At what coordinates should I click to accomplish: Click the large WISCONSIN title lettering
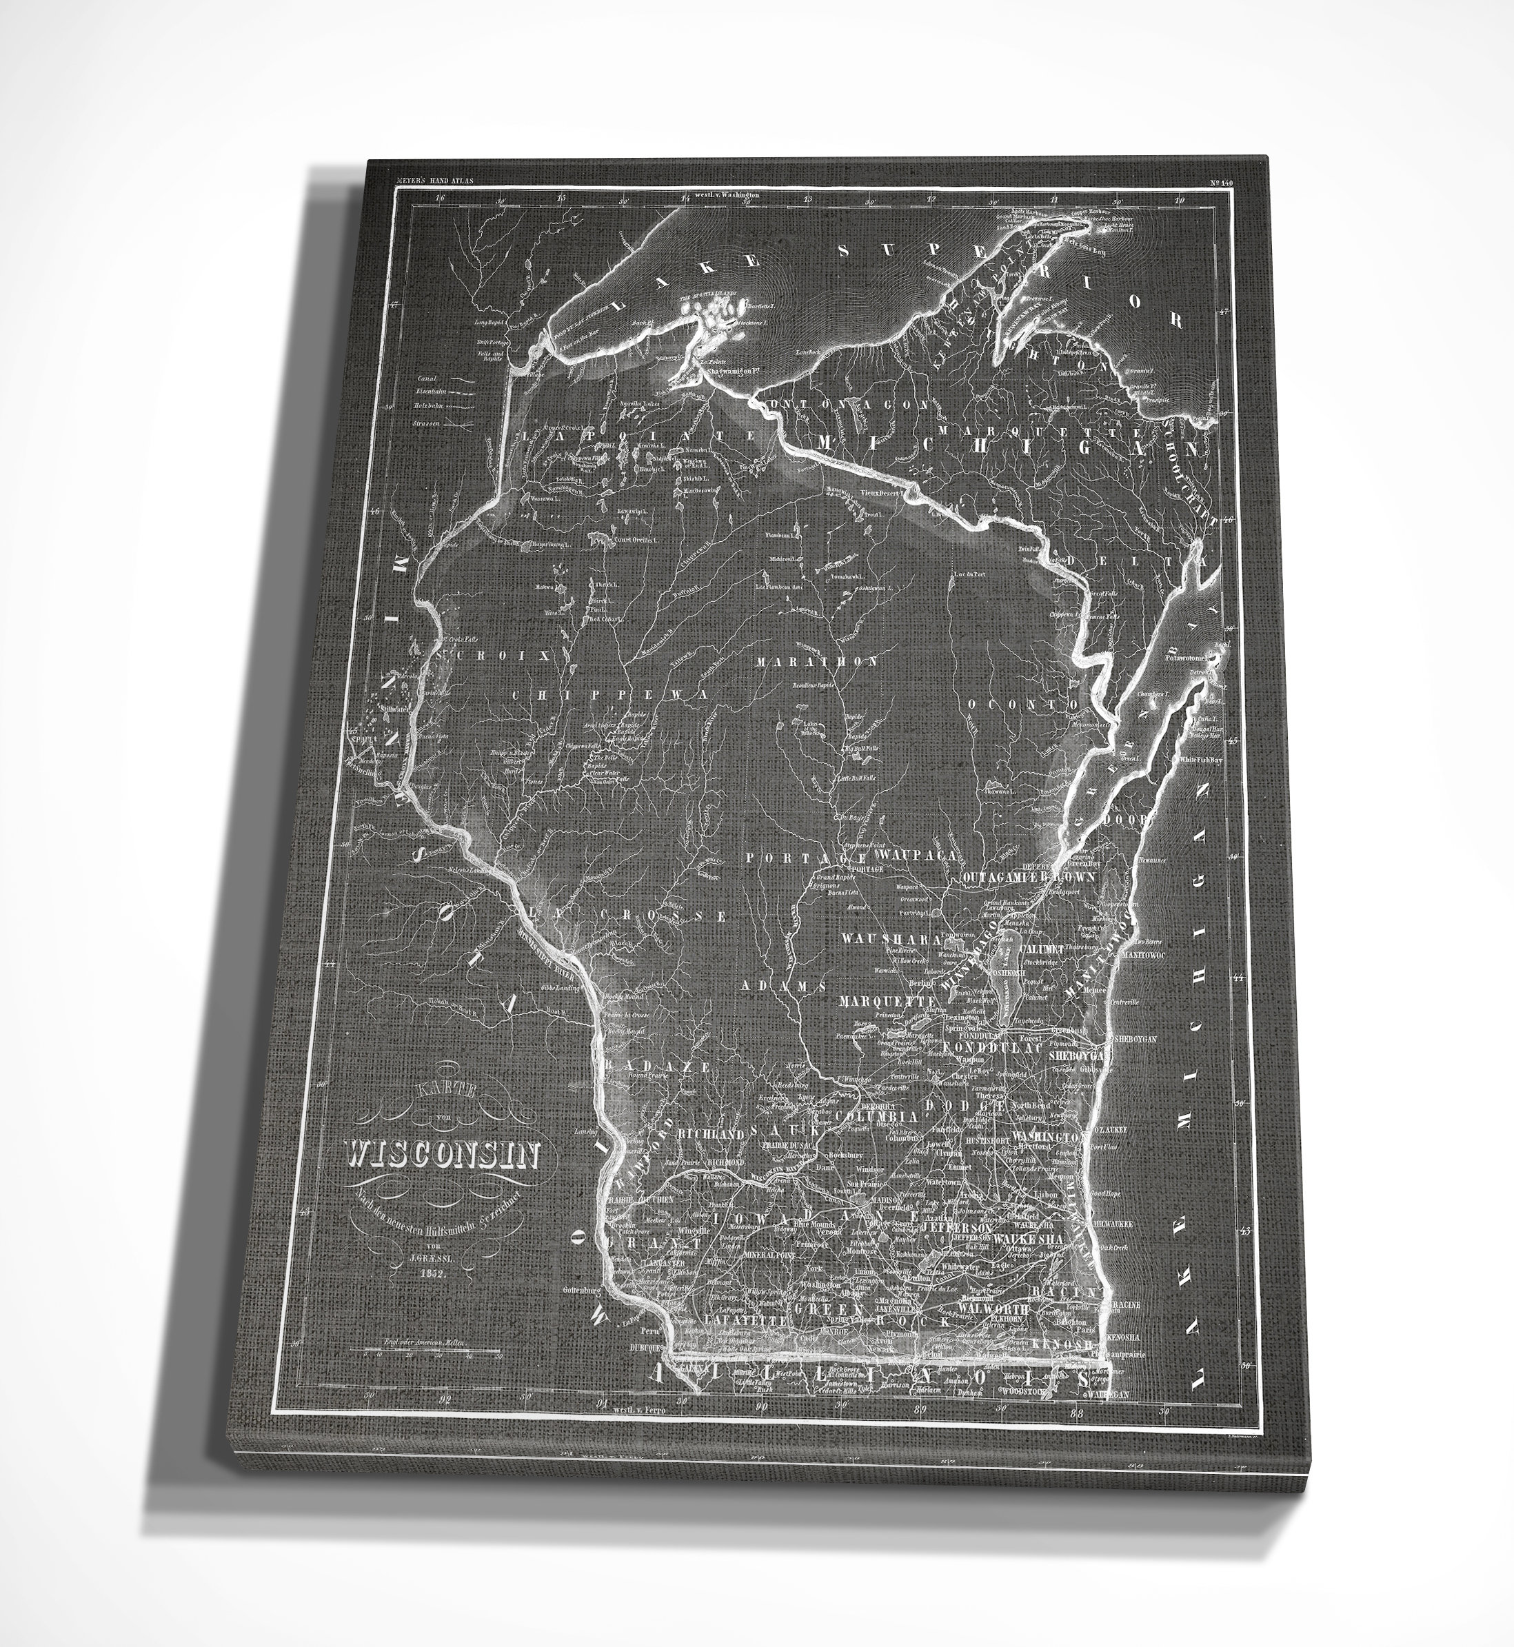click(443, 1155)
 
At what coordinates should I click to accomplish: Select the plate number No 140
click(1220, 183)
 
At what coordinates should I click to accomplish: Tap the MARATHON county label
click(817, 661)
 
